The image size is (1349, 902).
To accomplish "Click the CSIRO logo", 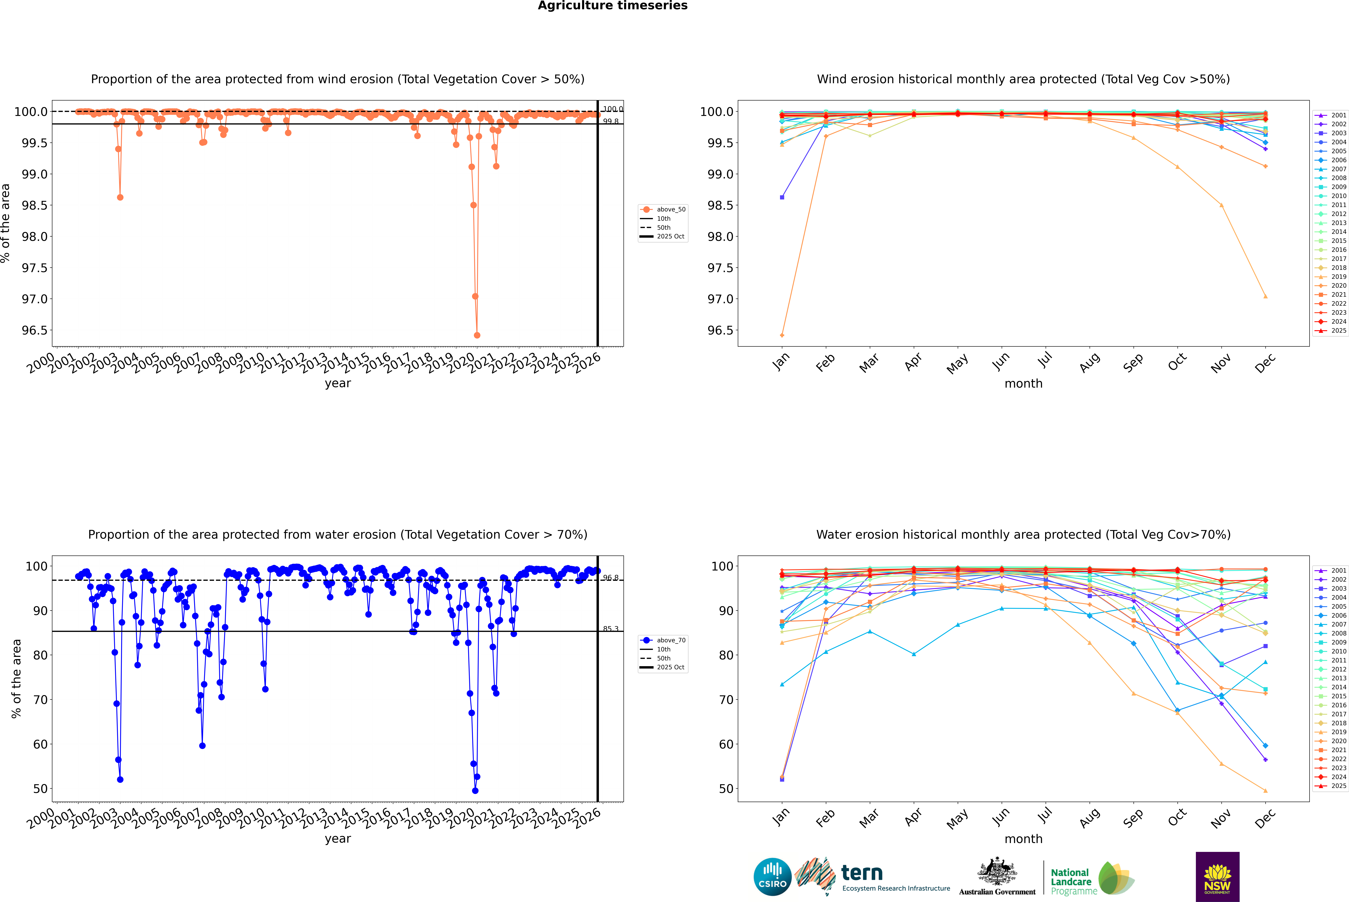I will point(772,877).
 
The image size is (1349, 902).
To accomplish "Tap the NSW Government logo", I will point(1217,877).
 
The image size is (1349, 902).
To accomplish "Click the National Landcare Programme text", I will point(1071,881).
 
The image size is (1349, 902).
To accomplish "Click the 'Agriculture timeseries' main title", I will point(612,6).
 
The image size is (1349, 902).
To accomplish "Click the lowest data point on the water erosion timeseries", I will point(475,790).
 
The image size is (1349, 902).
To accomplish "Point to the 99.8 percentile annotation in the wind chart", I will point(611,121).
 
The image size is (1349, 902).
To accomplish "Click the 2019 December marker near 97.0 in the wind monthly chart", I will point(1265,296).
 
